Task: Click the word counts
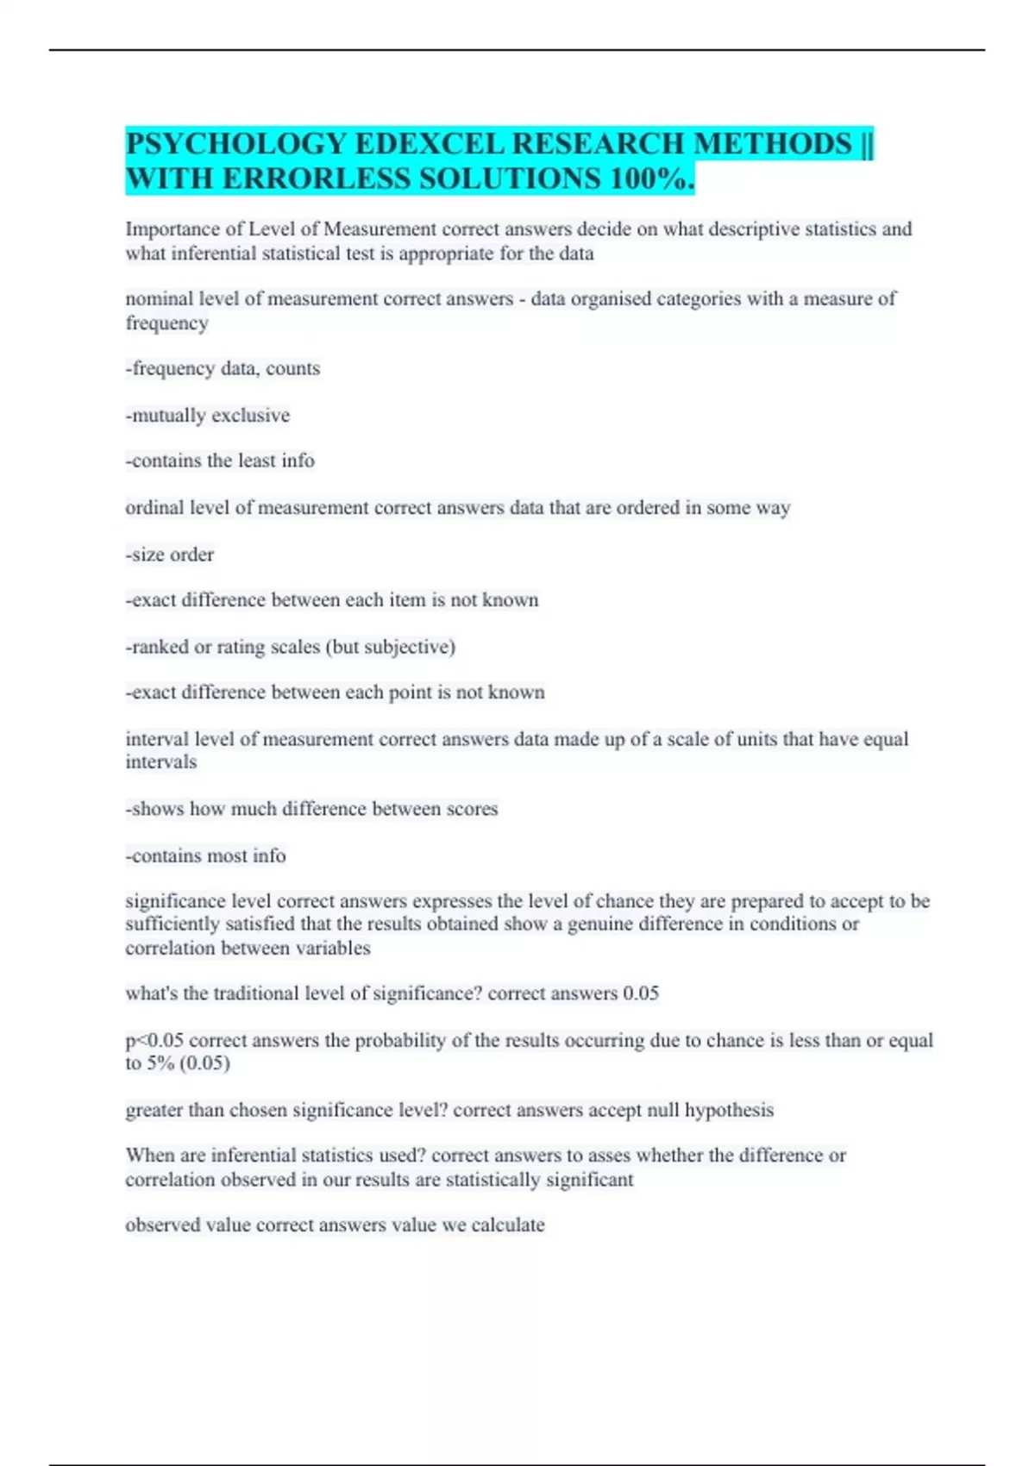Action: (x=293, y=369)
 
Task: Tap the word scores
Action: (x=472, y=809)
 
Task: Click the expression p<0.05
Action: (x=154, y=1041)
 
